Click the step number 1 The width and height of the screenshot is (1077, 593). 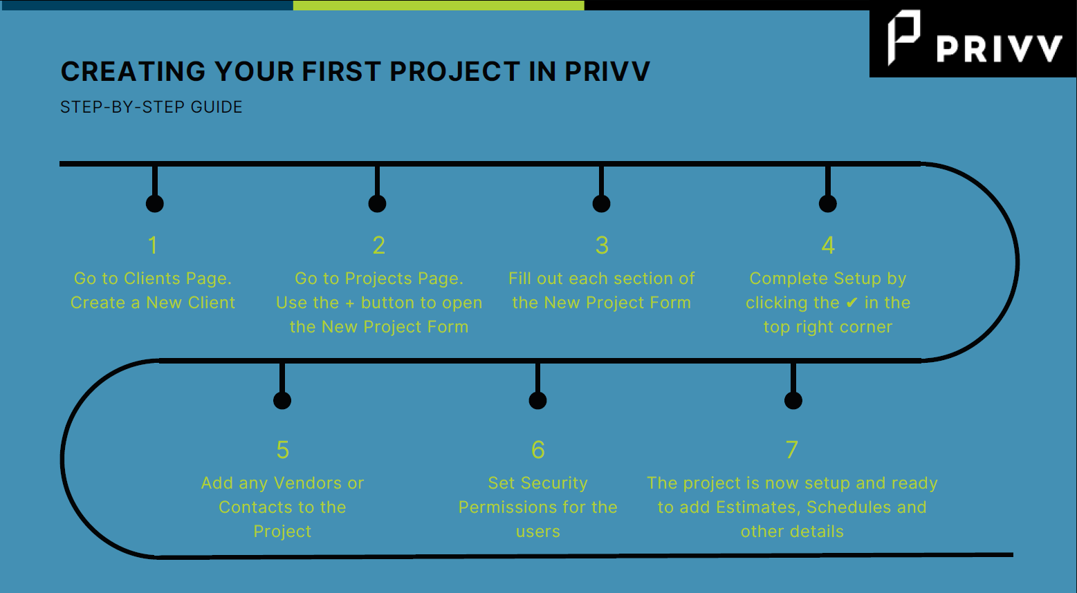(x=153, y=245)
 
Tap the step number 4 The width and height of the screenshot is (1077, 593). (x=828, y=245)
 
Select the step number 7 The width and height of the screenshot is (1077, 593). (x=792, y=450)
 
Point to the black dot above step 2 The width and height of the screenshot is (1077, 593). (x=377, y=203)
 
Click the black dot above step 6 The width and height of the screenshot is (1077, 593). (x=537, y=400)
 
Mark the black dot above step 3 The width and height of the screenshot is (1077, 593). (x=601, y=203)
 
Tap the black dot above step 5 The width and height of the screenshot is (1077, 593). (x=282, y=400)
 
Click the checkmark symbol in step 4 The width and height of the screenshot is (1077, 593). (x=852, y=303)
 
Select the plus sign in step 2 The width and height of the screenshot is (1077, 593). (x=350, y=303)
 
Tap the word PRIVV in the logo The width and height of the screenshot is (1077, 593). (x=999, y=49)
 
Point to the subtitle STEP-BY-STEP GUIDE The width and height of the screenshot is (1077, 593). (x=151, y=107)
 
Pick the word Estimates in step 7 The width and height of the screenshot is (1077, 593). (x=756, y=507)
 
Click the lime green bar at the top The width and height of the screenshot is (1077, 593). (x=439, y=5)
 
